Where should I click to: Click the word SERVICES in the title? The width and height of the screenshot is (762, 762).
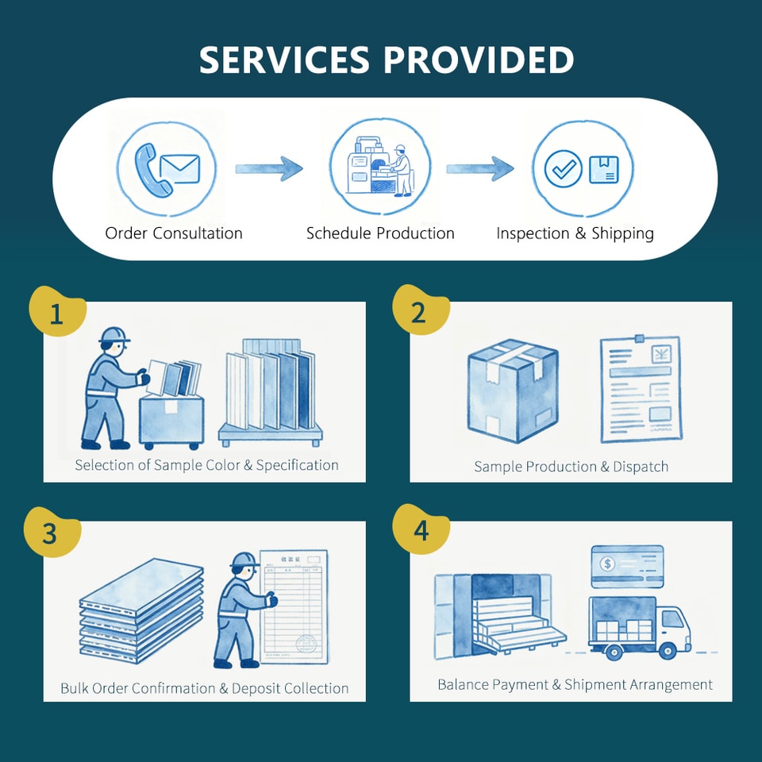[x=284, y=60]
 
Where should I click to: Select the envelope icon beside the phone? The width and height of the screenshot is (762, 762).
[x=180, y=168]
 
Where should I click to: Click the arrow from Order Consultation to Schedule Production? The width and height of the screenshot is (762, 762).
[x=269, y=168]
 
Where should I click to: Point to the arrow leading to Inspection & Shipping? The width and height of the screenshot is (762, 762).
[x=479, y=168]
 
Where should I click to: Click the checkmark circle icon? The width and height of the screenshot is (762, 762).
[x=564, y=168]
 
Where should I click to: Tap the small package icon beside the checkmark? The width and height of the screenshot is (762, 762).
[x=603, y=170]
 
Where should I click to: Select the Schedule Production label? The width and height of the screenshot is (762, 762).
[x=380, y=233]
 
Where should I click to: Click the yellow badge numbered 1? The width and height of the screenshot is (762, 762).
[x=57, y=311]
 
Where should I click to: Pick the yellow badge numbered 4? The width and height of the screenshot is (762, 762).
[x=421, y=529]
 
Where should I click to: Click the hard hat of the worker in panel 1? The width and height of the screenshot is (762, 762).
[x=114, y=335]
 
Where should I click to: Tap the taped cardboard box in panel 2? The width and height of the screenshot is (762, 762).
[x=513, y=391]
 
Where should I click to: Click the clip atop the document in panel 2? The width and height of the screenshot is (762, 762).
[x=639, y=339]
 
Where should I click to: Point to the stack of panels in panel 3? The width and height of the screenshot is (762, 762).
[x=141, y=610]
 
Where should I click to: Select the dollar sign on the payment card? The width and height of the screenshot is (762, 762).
[x=607, y=564]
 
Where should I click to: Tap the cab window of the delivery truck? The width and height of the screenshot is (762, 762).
[x=672, y=618]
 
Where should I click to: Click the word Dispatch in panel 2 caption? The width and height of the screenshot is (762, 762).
[x=641, y=467]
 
